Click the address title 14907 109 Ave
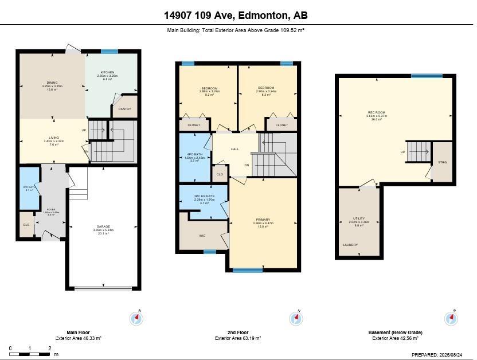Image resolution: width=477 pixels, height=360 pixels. pos(238,15)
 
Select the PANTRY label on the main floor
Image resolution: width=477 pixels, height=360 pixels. pos(125,108)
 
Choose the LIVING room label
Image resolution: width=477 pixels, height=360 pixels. pos(53,138)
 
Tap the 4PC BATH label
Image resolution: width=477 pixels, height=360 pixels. pos(195,154)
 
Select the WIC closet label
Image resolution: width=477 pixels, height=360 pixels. pos(202,236)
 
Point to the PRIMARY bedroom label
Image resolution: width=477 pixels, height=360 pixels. pos(263,220)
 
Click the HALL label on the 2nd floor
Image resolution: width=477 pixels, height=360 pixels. pos(234,149)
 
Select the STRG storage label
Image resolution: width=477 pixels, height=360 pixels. pos(442,162)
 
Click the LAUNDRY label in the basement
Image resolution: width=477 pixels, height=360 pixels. pos(350,245)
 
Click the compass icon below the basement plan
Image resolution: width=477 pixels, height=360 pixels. pos(451,318)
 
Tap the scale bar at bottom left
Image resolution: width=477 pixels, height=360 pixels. pos(30,354)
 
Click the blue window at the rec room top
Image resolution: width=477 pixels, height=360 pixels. pos(427,76)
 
